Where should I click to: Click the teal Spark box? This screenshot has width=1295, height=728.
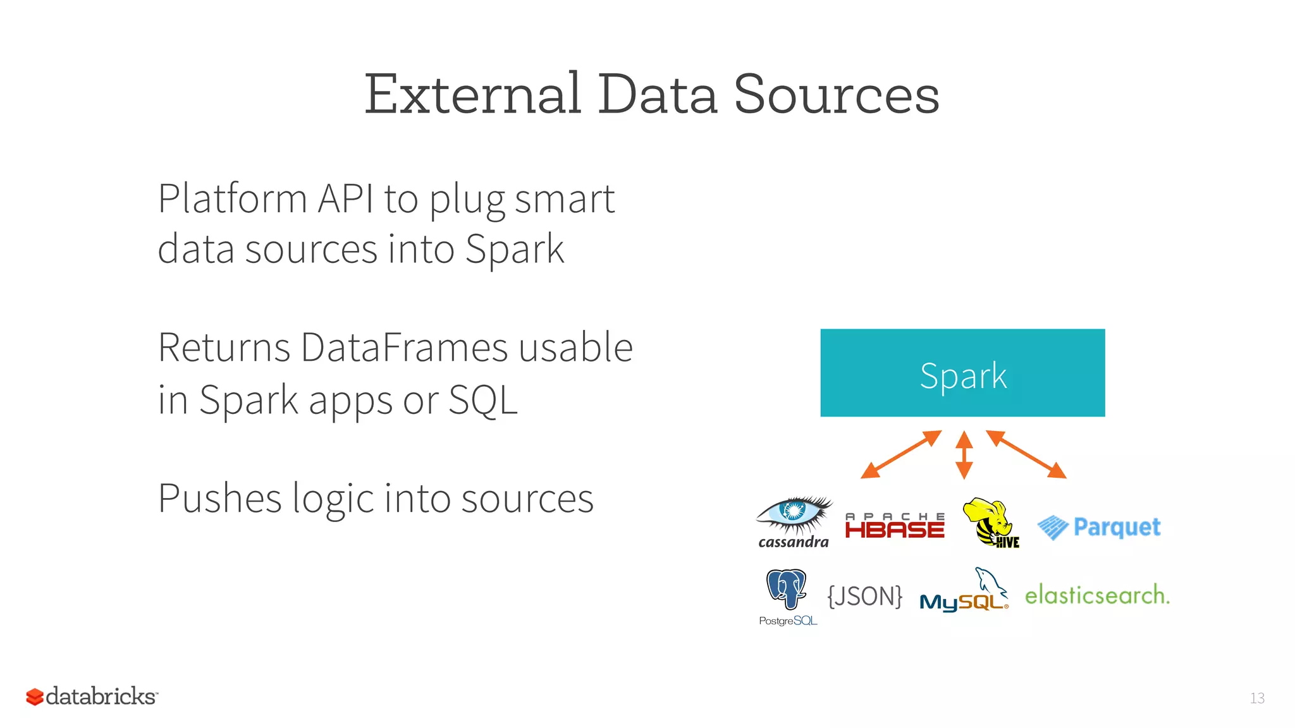962,373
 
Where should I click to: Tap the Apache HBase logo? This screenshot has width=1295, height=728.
895,526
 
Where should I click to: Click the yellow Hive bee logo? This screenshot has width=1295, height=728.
990,523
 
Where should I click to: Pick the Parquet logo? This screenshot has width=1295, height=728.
1099,527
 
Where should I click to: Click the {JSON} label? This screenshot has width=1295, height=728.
865,596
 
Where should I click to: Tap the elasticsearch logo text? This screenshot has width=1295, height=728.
1097,595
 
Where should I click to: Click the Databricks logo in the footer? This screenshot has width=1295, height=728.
92,696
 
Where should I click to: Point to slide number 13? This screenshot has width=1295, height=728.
1257,698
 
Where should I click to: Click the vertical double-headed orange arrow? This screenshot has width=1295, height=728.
964,455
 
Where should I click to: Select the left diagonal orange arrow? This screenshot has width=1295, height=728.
901,454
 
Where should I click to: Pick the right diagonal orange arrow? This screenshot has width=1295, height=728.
1026,454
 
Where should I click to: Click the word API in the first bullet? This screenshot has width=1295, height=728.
345,198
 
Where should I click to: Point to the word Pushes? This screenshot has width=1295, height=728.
219,498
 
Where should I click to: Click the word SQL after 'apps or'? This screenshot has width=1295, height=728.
483,399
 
